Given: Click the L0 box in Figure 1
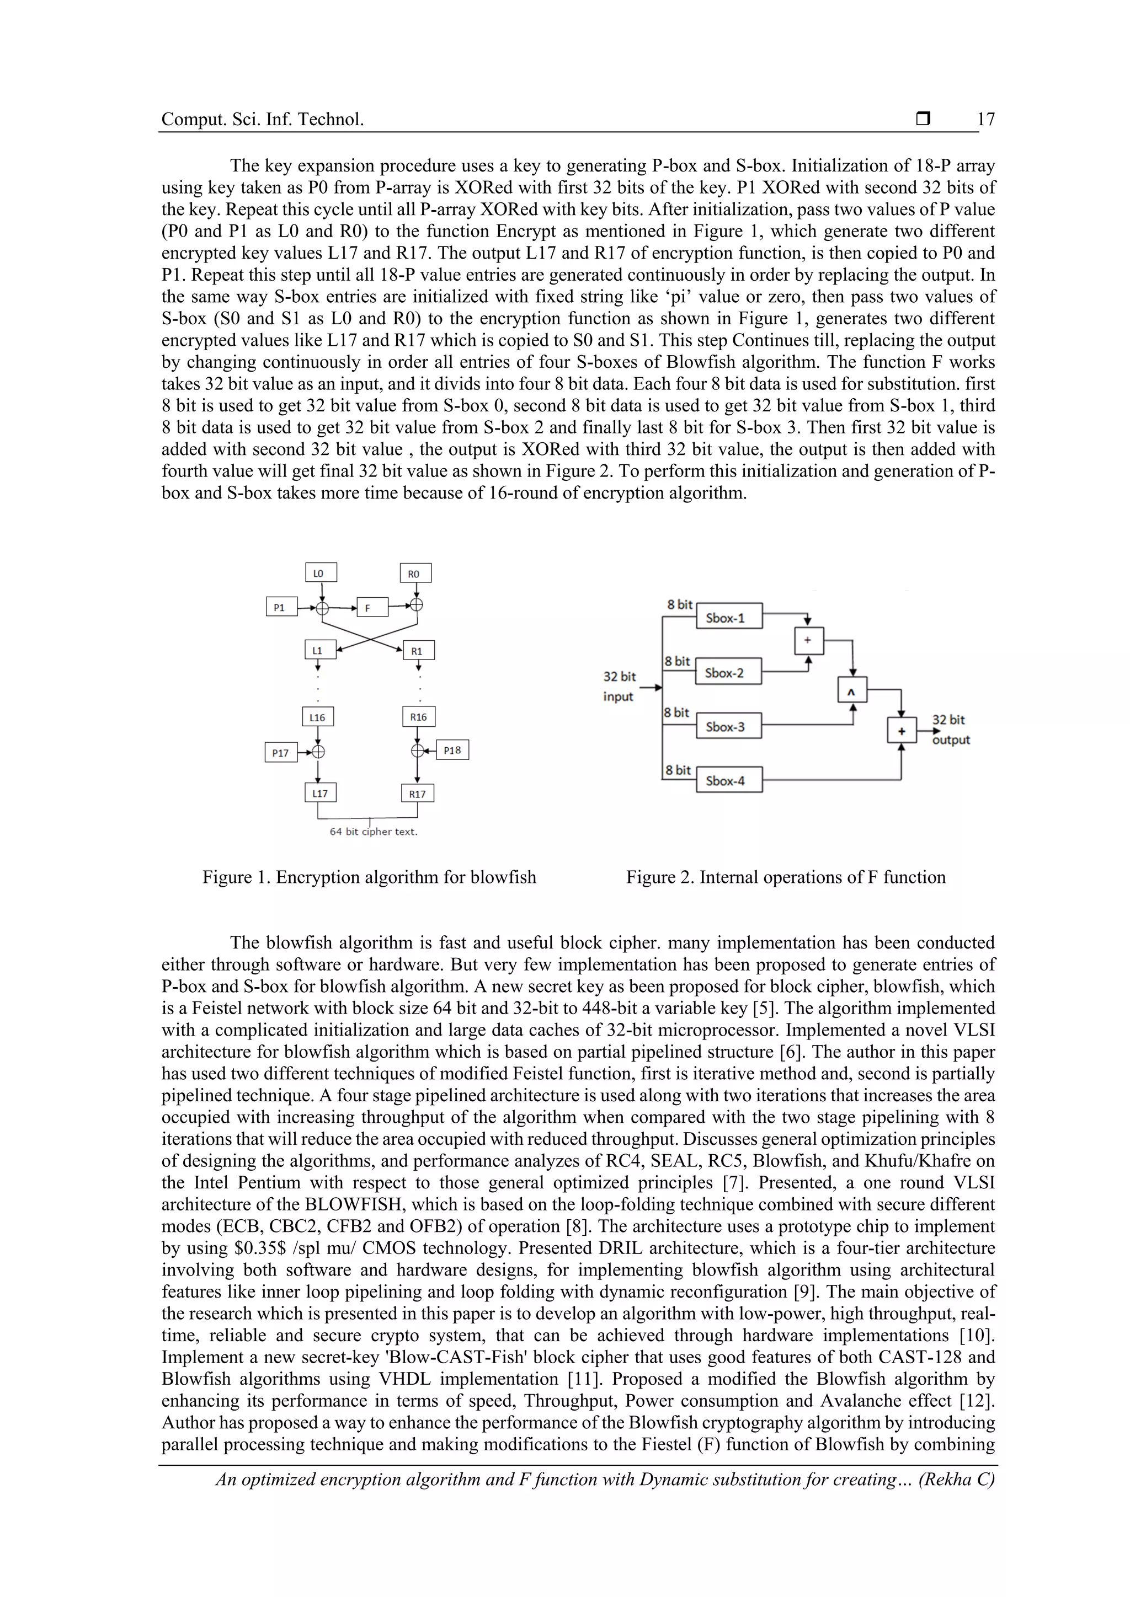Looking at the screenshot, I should click(x=321, y=573).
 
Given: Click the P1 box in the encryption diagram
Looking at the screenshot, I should click(x=281, y=607).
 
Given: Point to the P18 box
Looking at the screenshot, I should click(x=452, y=750).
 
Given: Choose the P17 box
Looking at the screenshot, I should click(x=280, y=753).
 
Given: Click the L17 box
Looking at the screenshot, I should click(x=320, y=793).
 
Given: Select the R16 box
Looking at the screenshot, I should click(x=418, y=716).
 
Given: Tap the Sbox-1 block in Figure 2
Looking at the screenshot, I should click(x=728, y=617).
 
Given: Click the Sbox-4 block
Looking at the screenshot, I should click(x=728, y=780).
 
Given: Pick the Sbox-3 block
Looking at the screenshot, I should click(x=728, y=726).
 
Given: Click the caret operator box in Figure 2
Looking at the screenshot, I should click(x=852, y=690).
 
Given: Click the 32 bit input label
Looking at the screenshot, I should click(x=619, y=687).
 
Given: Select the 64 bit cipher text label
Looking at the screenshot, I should click(x=374, y=832).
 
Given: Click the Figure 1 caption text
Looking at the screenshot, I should click(x=369, y=877).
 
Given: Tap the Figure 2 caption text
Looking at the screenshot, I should click(x=786, y=877).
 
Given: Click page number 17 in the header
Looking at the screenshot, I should click(x=985, y=120).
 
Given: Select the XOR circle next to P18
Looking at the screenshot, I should click(x=417, y=751).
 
